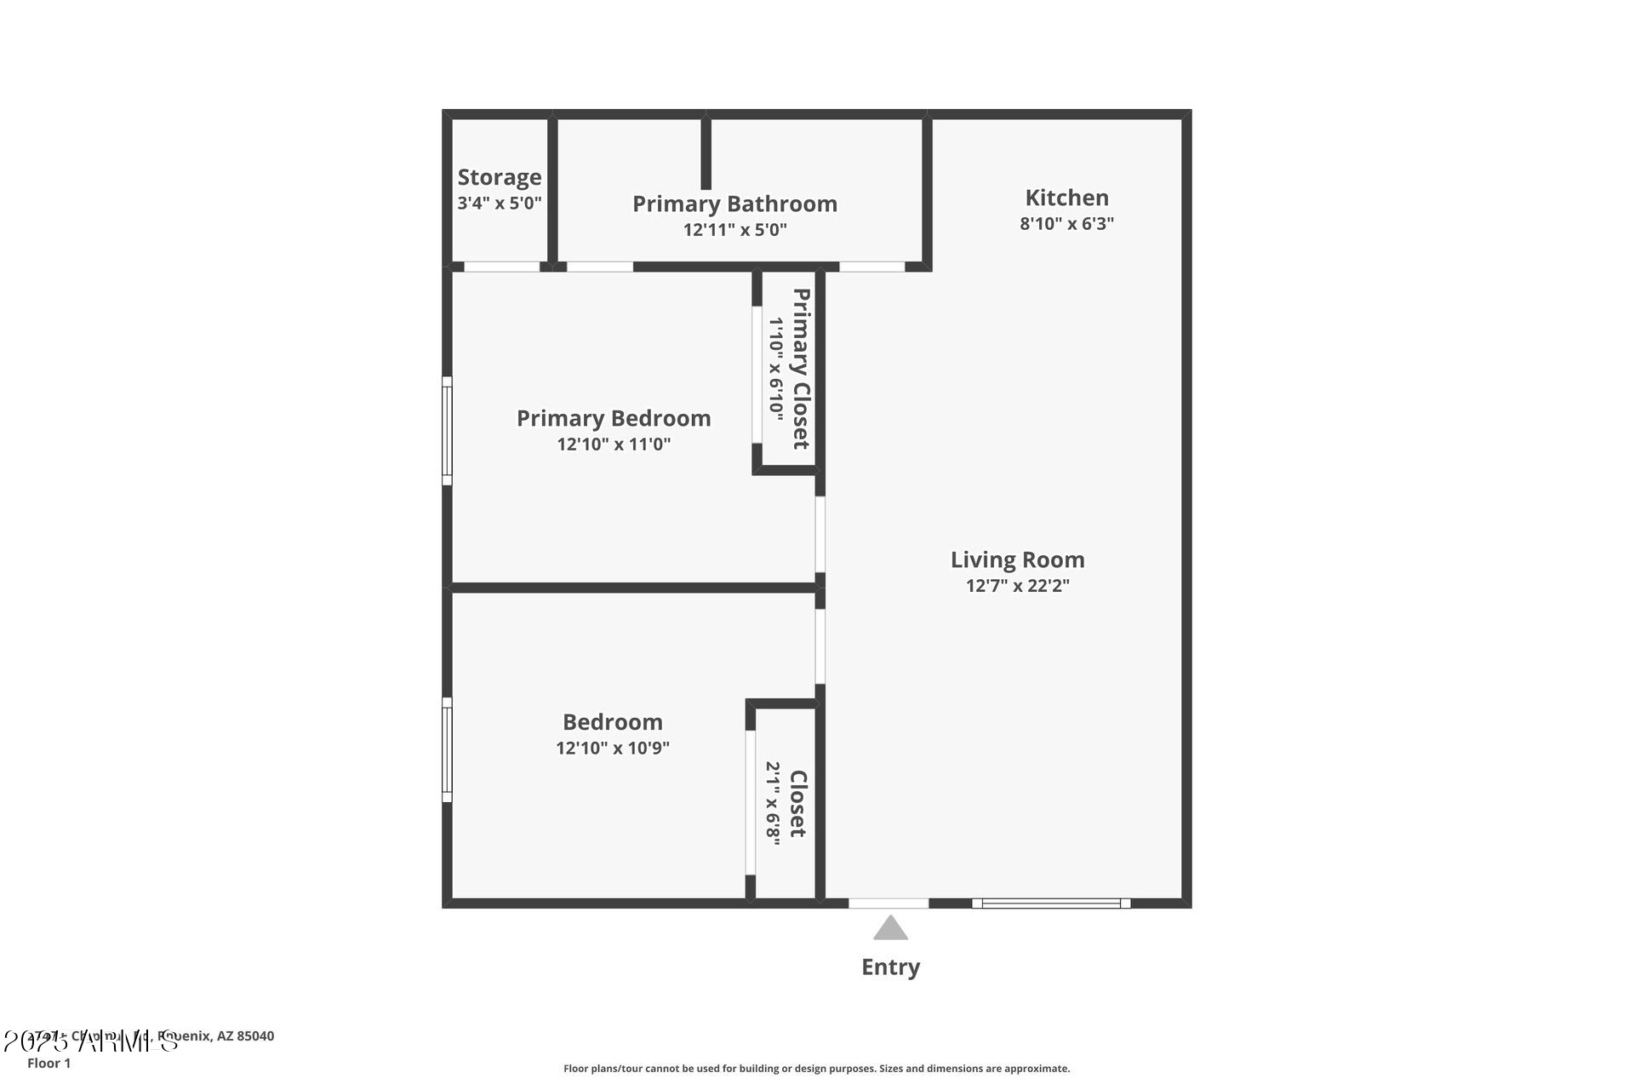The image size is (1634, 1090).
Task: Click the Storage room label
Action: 500,177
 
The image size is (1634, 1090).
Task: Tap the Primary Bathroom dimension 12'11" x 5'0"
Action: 734,230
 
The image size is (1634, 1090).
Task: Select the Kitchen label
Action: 1066,198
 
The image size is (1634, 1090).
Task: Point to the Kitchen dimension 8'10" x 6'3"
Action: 1066,224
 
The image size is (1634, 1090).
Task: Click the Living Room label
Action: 1017,559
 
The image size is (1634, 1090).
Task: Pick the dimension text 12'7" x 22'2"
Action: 1017,586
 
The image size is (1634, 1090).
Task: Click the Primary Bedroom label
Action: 614,418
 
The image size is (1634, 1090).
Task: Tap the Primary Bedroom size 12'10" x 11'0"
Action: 614,445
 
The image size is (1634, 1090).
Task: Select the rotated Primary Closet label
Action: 801,369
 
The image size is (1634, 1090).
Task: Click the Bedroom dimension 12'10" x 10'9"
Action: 613,749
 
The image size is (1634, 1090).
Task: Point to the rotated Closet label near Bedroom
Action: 797,803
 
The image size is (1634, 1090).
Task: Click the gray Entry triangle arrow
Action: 890,929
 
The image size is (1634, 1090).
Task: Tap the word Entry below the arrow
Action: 890,967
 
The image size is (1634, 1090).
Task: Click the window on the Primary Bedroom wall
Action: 447,431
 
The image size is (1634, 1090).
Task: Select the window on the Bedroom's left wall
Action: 447,749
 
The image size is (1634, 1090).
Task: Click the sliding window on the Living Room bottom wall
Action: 1051,904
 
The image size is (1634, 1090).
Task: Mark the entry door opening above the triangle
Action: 888,904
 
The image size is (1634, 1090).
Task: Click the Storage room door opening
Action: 501,267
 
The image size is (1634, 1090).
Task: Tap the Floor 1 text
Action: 49,1064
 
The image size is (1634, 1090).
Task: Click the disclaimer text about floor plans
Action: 816,1069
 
